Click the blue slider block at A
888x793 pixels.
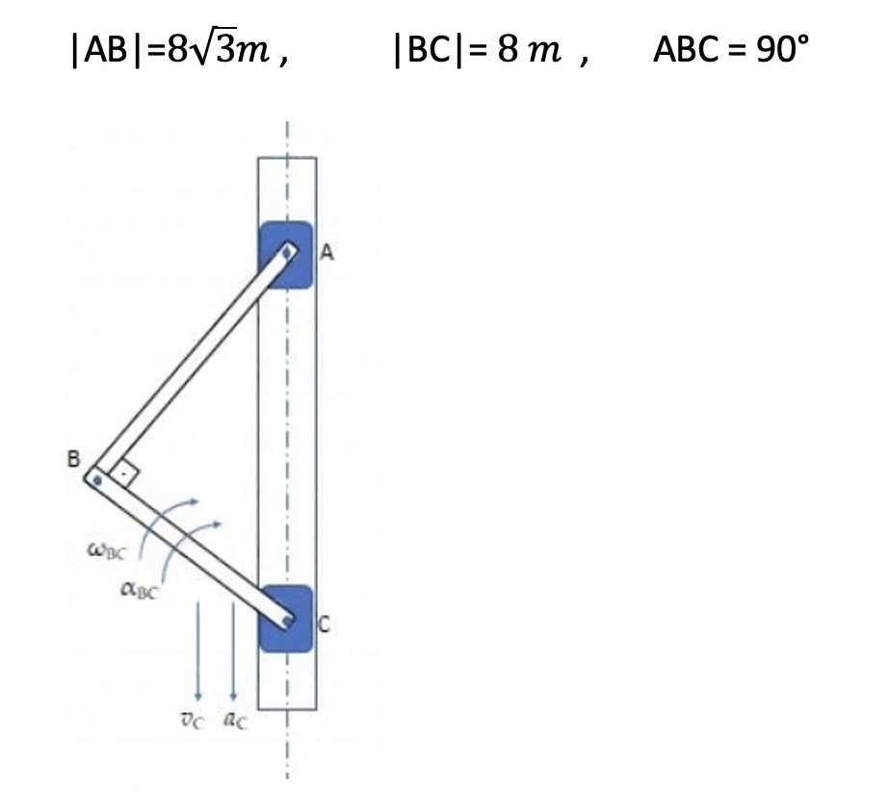point(286,255)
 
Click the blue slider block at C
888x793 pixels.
point(286,619)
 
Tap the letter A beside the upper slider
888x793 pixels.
point(326,252)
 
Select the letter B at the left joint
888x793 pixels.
point(73,458)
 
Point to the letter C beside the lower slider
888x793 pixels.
point(324,625)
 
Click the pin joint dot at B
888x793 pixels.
point(97,480)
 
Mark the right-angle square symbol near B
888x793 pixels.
point(124,474)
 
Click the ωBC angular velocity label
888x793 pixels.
point(107,550)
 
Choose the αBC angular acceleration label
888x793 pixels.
point(140,591)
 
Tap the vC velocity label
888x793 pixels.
point(191,721)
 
